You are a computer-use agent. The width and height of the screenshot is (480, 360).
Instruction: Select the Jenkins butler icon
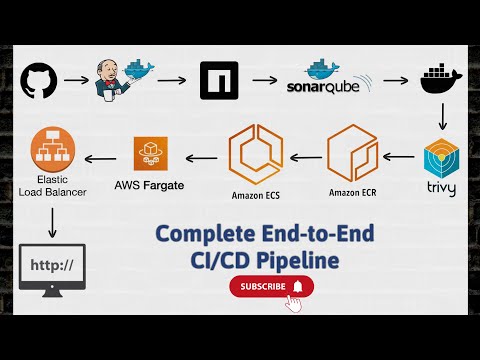point(118,78)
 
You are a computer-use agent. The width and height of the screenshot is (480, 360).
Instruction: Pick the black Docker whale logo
point(443,81)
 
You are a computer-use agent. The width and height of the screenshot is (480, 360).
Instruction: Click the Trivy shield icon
point(443,161)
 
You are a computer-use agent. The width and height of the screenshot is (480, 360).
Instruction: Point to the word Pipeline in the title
point(304,259)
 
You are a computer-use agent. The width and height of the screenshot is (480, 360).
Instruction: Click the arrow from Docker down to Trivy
point(443,119)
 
